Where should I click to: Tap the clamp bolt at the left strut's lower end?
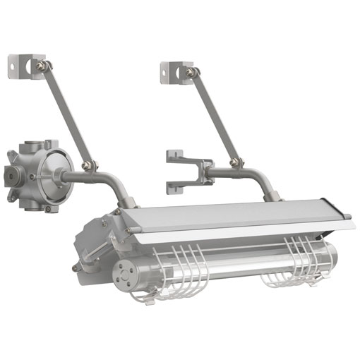89,167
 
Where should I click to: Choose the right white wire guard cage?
296,265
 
